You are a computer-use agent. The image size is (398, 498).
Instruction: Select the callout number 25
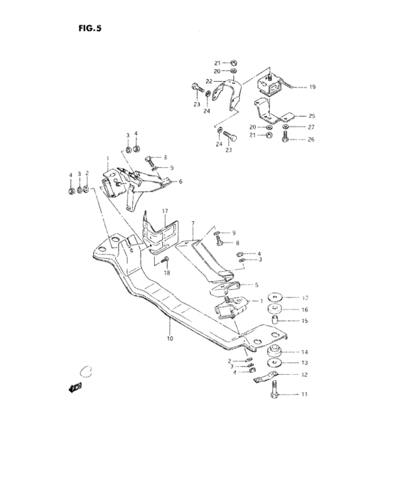pos(311,115)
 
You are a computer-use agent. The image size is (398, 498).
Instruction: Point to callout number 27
pos(311,127)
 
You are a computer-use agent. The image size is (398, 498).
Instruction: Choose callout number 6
pos(180,181)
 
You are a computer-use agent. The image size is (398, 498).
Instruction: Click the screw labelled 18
pos(164,260)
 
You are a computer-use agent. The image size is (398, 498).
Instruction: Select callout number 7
pos(192,223)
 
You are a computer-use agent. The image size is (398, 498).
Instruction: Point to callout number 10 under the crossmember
pos(170,339)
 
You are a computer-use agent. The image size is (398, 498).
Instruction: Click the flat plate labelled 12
pos(267,376)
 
